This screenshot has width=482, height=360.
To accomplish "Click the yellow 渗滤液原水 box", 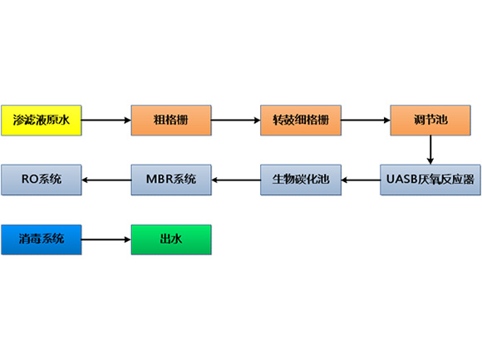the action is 42,121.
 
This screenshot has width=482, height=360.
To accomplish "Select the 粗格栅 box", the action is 171,121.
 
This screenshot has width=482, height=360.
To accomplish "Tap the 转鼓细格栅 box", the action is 301,121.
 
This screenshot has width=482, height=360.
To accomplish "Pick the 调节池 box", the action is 430,121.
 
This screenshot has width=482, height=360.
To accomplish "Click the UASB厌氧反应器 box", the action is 430,180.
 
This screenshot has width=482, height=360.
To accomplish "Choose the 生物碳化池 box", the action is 301,180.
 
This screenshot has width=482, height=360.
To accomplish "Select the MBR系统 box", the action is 171,180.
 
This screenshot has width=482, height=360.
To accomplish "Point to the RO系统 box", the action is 42,180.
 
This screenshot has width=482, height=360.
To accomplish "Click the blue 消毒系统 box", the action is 42,239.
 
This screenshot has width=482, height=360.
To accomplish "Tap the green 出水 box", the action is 171,239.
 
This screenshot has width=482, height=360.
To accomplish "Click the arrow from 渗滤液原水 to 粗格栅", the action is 106,121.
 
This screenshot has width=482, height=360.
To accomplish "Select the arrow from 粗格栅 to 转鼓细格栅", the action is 236,121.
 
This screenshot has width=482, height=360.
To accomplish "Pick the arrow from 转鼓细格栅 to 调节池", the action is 366,121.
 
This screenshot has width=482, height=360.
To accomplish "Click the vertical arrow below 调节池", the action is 430,150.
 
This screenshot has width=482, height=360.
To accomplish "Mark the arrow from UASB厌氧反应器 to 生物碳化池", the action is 361,180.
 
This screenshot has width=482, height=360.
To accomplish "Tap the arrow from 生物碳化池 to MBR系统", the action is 236,180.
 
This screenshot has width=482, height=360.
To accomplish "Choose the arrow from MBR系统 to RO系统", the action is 106,180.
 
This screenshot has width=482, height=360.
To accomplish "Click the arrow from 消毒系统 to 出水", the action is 106,239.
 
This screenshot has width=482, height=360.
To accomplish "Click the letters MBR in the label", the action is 158,180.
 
